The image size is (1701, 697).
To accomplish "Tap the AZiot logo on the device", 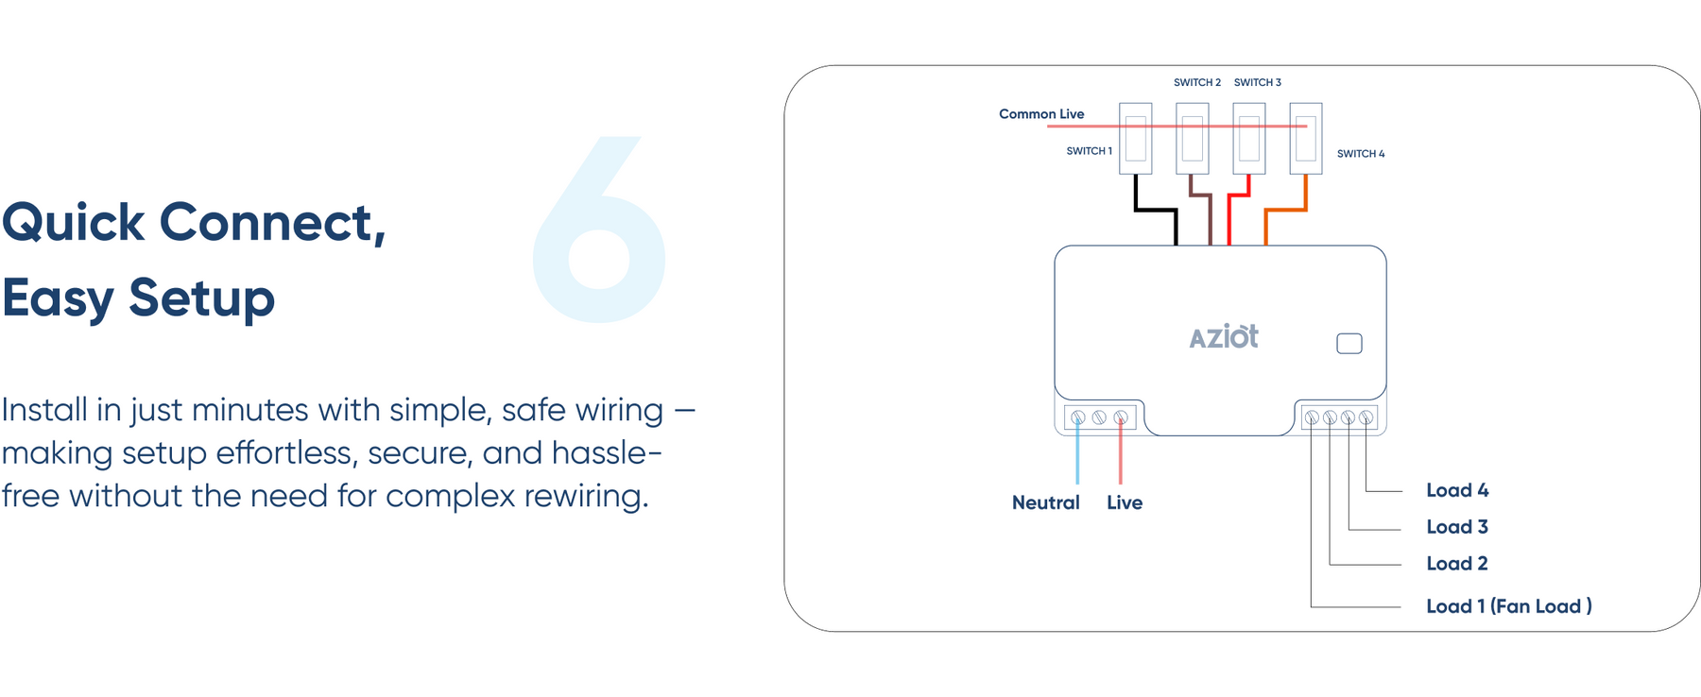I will (x=1223, y=337).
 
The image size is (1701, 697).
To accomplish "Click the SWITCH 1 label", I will (x=1089, y=151).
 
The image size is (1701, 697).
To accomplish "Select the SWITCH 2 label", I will (x=1196, y=83).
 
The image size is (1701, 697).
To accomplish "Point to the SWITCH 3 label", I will (x=1257, y=83).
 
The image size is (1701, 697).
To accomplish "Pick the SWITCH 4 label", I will (x=1360, y=154).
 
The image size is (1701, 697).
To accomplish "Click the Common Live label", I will (x=1041, y=114).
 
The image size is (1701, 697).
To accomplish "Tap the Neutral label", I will (x=1045, y=503).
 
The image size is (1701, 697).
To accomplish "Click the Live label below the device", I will (x=1125, y=503).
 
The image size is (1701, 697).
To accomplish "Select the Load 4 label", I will (x=1456, y=490).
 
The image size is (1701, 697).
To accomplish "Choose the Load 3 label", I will (x=1456, y=527).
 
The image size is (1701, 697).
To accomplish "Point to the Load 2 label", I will (x=1456, y=564).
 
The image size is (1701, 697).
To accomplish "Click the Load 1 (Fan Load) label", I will (x=1508, y=606).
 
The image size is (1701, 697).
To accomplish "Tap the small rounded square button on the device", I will (x=1349, y=344).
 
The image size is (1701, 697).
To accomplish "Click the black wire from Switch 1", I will (x=1155, y=210).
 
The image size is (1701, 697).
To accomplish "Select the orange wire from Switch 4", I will (x=1285, y=210).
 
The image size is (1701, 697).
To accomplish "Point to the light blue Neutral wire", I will (x=1077, y=458).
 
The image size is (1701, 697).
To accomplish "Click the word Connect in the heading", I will (x=272, y=223).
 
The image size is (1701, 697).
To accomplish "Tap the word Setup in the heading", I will (x=201, y=298).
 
